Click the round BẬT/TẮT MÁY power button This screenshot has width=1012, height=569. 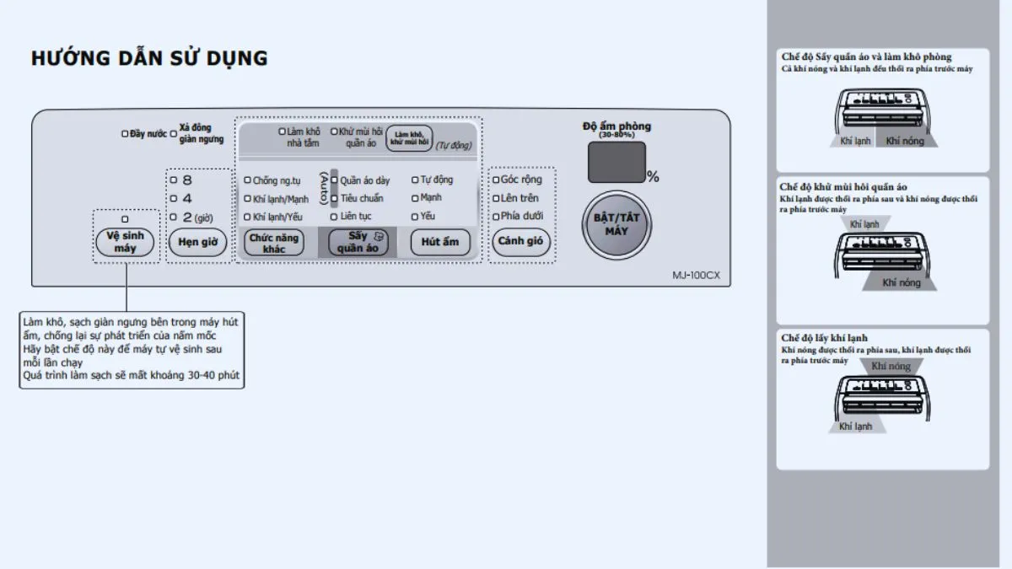point(616,223)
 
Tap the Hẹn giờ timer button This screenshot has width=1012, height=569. point(198,243)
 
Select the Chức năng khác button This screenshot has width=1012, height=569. point(274,243)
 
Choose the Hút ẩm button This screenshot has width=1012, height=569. point(439,243)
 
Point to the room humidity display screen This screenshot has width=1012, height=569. point(616,162)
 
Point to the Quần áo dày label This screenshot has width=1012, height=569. point(364,180)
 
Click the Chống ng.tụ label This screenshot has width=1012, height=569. point(277,180)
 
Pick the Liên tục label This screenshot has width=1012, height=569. point(355,217)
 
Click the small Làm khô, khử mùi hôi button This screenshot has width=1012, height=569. point(409,137)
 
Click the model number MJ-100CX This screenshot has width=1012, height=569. point(696,275)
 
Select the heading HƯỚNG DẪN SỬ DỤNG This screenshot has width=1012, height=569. point(149,58)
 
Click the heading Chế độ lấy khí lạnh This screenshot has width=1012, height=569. point(824,338)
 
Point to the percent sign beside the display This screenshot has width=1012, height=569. point(653,177)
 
